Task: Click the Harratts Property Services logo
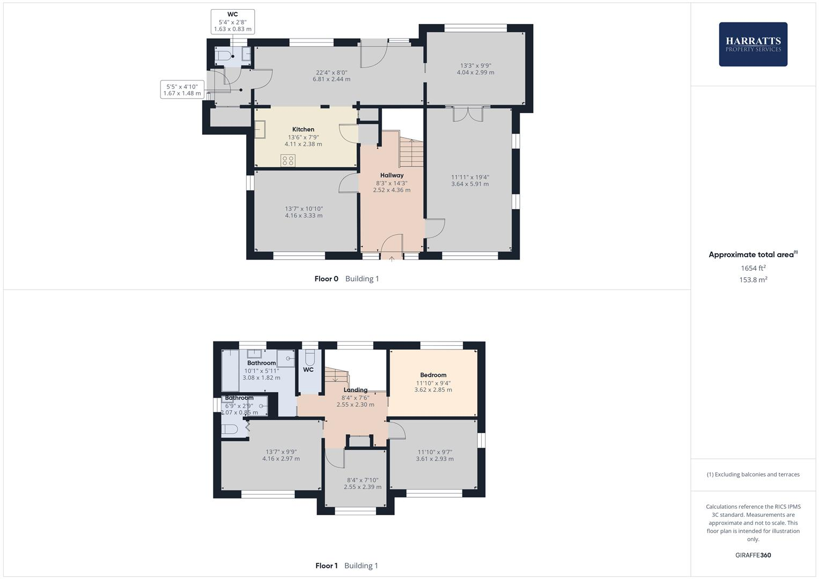(x=752, y=44)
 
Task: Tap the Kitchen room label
(x=303, y=129)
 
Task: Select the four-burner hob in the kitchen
(x=287, y=160)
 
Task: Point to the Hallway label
(x=392, y=175)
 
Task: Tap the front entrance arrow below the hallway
(x=392, y=259)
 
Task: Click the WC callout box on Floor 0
(x=232, y=21)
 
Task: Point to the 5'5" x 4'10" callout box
(x=182, y=90)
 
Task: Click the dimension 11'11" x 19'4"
(x=470, y=177)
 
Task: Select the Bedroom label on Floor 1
(x=433, y=375)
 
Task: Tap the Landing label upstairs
(x=355, y=390)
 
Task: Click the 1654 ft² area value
(x=752, y=268)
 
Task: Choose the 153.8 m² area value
(x=752, y=280)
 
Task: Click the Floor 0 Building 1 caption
(x=346, y=279)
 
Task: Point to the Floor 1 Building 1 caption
(x=346, y=566)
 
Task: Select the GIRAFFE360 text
(x=752, y=555)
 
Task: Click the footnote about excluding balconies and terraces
(x=752, y=474)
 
